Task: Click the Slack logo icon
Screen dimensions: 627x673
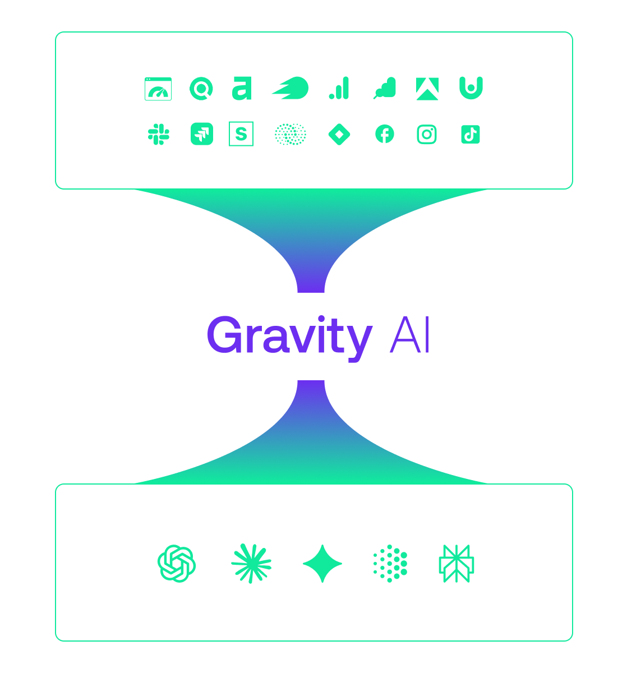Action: point(158,134)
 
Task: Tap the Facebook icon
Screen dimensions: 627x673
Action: point(384,134)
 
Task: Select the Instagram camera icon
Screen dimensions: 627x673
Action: point(426,134)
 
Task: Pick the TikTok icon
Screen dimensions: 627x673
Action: point(470,134)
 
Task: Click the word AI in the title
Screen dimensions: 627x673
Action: point(409,334)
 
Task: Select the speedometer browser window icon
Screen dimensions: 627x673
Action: point(158,89)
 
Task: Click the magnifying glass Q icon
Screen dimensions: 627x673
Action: point(201,89)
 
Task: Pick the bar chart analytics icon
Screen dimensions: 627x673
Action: point(339,87)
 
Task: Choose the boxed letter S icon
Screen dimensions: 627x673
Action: point(241,133)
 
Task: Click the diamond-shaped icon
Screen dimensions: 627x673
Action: point(339,134)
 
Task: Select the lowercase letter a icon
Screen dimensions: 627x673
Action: point(241,88)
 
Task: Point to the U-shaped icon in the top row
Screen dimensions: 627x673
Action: point(471,87)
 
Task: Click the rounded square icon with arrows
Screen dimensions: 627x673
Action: point(202,133)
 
